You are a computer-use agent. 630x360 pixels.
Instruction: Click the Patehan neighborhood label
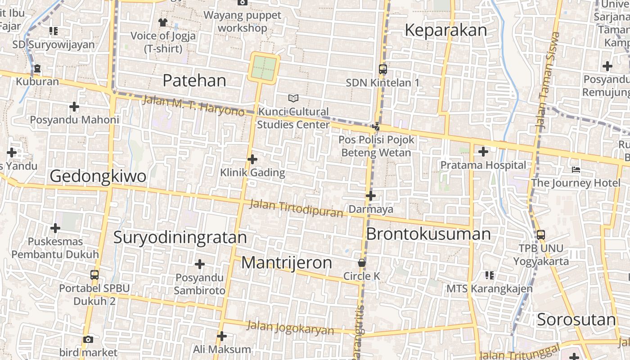pos(194,81)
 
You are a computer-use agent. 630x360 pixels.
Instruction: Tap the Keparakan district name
pos(445,30)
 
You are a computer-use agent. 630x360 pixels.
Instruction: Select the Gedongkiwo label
pos(98,176)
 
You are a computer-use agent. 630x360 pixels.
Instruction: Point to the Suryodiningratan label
pos(180,237)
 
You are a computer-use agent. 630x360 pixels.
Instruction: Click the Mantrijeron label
pos(287,263)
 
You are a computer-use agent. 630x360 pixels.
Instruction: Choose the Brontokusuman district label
pos(428,234)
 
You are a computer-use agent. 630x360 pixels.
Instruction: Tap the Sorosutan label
pos(576,319)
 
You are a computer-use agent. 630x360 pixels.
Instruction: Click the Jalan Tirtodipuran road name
pos(297,208)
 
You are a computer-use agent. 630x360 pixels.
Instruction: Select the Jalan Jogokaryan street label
pos(290,327)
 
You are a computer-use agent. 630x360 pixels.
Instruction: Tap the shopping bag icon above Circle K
pos(361,262)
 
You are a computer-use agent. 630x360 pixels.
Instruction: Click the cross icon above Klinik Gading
pos(252,159)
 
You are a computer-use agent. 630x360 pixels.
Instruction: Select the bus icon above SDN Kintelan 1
pos(382,69)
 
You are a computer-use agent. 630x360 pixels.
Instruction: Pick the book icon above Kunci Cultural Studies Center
pos(293,98)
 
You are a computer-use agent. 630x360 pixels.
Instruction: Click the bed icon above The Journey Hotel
pos(576,170)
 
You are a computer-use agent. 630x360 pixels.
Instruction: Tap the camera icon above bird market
pos(88,339)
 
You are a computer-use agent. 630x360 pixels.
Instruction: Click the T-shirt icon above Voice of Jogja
pos(163,22)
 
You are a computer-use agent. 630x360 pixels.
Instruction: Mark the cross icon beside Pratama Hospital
pos(483,152)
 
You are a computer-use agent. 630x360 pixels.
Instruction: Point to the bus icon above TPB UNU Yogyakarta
pos(541,234)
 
